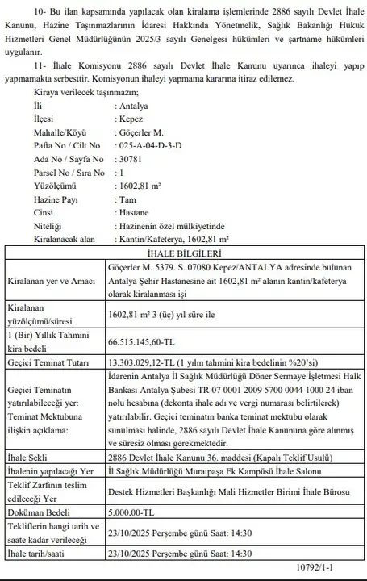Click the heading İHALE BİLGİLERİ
click(x=184, y=252)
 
